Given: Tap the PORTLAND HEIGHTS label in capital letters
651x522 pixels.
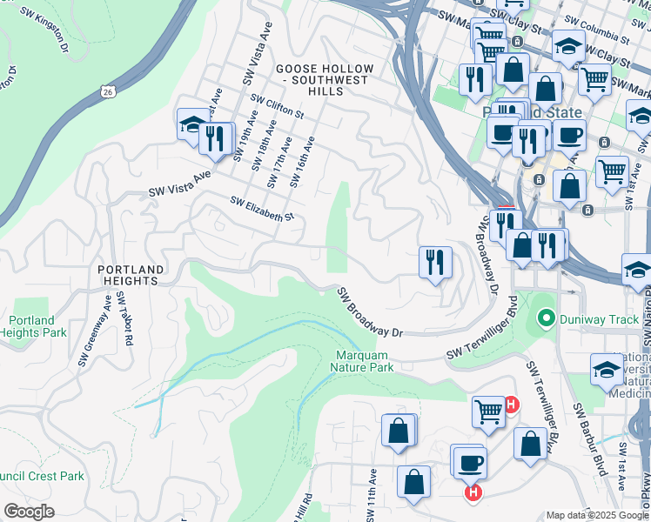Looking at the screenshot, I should pos(127,275).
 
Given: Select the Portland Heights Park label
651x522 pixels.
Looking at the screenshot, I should pos(33,326).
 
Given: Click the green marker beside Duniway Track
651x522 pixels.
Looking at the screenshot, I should pos(546,319).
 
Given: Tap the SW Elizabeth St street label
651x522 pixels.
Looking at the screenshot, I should pos(262,208).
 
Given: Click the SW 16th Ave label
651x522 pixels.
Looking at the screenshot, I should pos(301,161).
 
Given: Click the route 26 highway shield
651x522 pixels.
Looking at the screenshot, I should pos(106,90).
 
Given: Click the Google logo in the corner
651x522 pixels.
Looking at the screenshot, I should pos(29,512).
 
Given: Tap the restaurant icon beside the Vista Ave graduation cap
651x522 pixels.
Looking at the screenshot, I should pos(214,138).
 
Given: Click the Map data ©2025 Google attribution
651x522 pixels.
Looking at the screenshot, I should pos(597,515).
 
